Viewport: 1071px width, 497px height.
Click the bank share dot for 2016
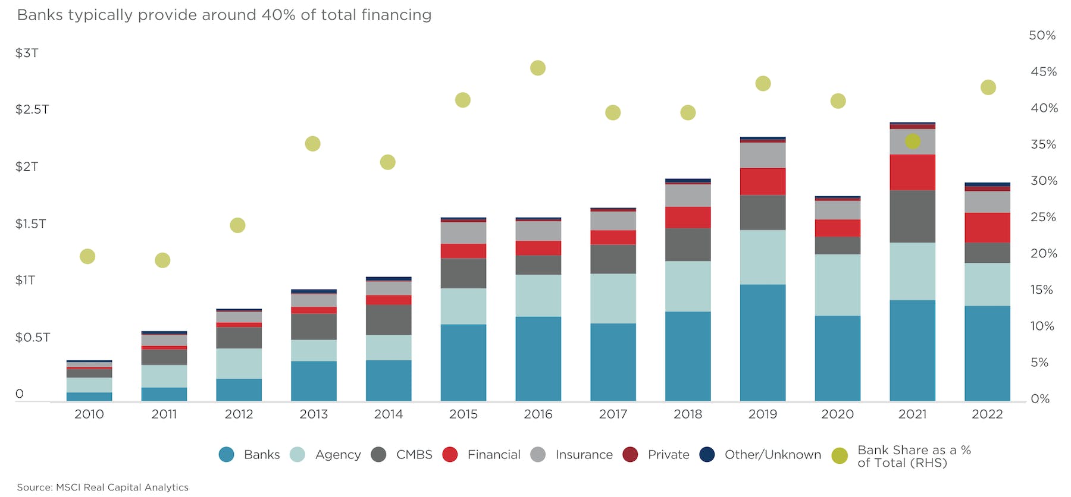(538, 68)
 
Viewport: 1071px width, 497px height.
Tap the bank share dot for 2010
(87, 256)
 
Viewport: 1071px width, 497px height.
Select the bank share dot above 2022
(988, 87)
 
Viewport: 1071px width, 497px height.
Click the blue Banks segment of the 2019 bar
(763, 342)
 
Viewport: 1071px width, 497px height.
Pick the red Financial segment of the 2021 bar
(912, 172)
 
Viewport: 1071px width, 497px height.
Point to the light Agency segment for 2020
(838, 285)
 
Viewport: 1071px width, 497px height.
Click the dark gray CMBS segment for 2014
(389, 319)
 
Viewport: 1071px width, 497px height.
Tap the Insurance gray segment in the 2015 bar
(464, 233)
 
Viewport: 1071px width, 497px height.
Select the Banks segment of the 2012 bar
(239, 389)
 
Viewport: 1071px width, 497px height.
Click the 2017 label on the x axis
(613, 414)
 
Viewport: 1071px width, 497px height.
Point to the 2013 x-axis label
(314, 414)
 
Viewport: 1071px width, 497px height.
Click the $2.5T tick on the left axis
(32, 109)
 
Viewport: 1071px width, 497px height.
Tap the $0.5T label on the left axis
(32, 337)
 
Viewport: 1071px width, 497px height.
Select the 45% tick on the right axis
(1044, 72)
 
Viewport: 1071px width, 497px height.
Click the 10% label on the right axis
(1042, 326)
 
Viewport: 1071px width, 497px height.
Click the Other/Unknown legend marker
(707, 455)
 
